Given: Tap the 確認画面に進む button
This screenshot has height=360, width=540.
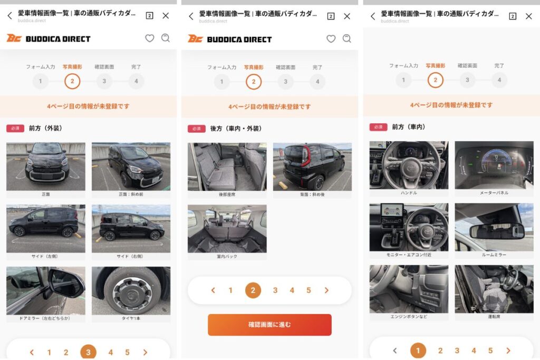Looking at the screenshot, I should click(x=269, y=325).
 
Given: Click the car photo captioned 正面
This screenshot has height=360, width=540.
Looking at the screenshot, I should click(x=45, y=166).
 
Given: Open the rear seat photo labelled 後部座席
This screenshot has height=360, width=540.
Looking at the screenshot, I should click(x=227, y=166).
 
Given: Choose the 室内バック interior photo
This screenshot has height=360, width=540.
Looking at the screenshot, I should click(x=227, y=228).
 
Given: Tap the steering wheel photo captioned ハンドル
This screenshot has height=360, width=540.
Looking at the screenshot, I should click(x=409, y=165).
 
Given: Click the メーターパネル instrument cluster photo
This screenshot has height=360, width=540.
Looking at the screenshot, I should click(x=494, y=165).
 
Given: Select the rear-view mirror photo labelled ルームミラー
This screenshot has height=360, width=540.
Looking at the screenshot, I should click(x=494, y=227).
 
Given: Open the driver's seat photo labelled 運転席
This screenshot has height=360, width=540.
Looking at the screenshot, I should click(x=494, y=289).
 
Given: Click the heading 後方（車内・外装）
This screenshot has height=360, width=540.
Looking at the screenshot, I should click(x=236, y=129).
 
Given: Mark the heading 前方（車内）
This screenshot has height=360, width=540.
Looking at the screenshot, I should click(x=409, y=127).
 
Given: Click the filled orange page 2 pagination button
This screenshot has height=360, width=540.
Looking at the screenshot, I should click(x=253, y=290).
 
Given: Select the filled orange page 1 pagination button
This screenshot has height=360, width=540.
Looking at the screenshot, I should click(x=418, y=351).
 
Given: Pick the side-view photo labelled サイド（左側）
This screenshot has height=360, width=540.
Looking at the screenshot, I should click(x=45, y=228).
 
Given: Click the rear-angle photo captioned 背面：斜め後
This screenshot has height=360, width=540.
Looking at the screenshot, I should click(x=312, y=166).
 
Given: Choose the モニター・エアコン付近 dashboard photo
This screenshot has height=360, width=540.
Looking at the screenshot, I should click(x=409, y=227).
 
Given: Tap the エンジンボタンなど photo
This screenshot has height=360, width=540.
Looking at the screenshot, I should click(x=409, y=289).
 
